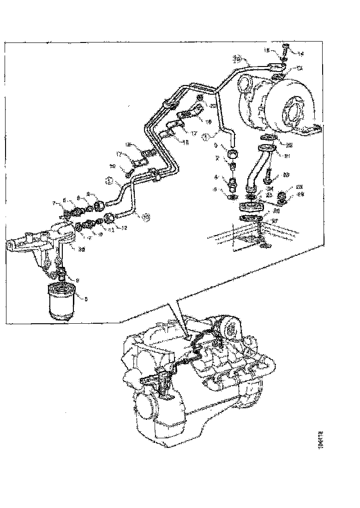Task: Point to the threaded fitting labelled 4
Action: (233, 183)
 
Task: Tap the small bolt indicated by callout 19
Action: (130, 174)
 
